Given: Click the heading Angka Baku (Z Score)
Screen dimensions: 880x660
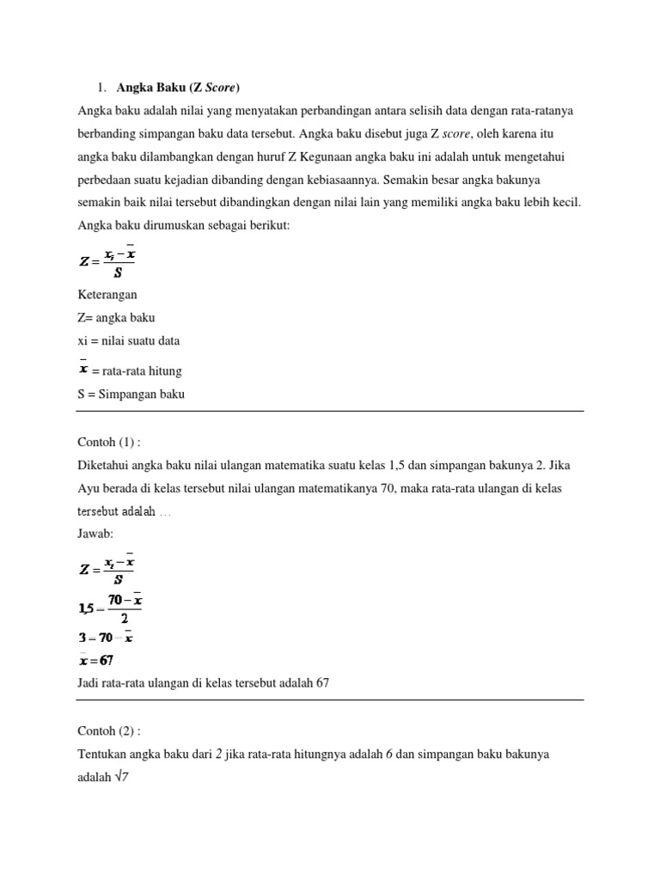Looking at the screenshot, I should pos(178,87).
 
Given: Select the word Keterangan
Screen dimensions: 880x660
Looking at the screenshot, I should pos(107,294).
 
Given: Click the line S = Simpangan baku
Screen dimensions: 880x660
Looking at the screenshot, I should pos(131,394).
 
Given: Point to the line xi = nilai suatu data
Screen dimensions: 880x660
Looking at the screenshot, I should pos(129,340).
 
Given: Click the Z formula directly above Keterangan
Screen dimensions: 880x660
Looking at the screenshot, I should pos(107,261).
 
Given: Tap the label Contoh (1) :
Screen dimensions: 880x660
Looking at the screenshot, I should pos(109,442).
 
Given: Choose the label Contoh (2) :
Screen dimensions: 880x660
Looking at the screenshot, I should pos(109,730).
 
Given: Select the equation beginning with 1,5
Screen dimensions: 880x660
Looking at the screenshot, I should pos(109,608).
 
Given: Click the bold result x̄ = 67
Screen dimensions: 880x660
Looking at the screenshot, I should pos(96,660).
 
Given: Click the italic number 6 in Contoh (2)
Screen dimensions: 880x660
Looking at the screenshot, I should pos(401,754).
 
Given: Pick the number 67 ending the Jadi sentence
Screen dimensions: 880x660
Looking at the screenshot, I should pos(321,682).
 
